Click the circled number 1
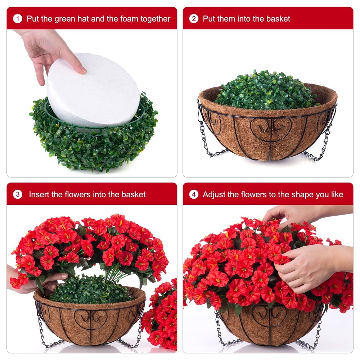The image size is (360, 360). pyautogui.click(x=18, y=19)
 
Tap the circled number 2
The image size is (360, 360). pyautogui.click(x=194, y=19)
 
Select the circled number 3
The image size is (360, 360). pyautogui.click(x=18, y=194)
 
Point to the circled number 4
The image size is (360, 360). pyautogui.click(x=194, y=194)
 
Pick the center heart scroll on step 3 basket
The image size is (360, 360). pyautogui.click(x=91, y=318)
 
